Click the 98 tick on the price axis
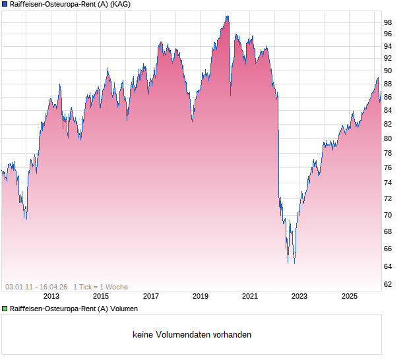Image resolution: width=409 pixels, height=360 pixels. (x=388, y=22)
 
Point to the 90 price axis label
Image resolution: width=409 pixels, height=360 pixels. (x=388, y=71)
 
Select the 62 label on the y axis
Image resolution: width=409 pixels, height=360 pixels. (x=388, y=284)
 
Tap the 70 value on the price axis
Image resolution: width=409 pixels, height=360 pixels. (x=388, y=215)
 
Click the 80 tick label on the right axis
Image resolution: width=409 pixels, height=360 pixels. (x=388, y=138)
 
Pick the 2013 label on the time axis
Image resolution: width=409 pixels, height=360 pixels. (x=52, y=297)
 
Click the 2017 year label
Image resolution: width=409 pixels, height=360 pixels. (x=151, y=297)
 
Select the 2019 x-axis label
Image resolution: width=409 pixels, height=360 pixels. (x=201, y=297)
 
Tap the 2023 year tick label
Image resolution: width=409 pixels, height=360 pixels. (x=299, y=297)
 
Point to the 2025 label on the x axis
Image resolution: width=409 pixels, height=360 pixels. (x=349, y=297)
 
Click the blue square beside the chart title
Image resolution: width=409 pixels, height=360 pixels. (x=5, y=4)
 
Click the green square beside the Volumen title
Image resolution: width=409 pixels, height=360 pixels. (x=5, y=309)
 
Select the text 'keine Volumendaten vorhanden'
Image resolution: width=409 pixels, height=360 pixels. (x=192, y=335)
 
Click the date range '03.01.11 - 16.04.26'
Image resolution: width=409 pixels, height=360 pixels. (x=36, y=287)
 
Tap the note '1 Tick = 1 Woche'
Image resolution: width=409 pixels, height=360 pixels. (x=101, y=287)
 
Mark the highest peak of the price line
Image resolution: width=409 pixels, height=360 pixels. (x=228, y=16)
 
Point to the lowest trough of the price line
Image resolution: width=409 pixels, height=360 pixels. (x=294, y=263)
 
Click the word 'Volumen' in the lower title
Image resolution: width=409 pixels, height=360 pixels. (x=125, y=309)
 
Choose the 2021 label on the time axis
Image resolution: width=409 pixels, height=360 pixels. (x=250, y=297)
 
